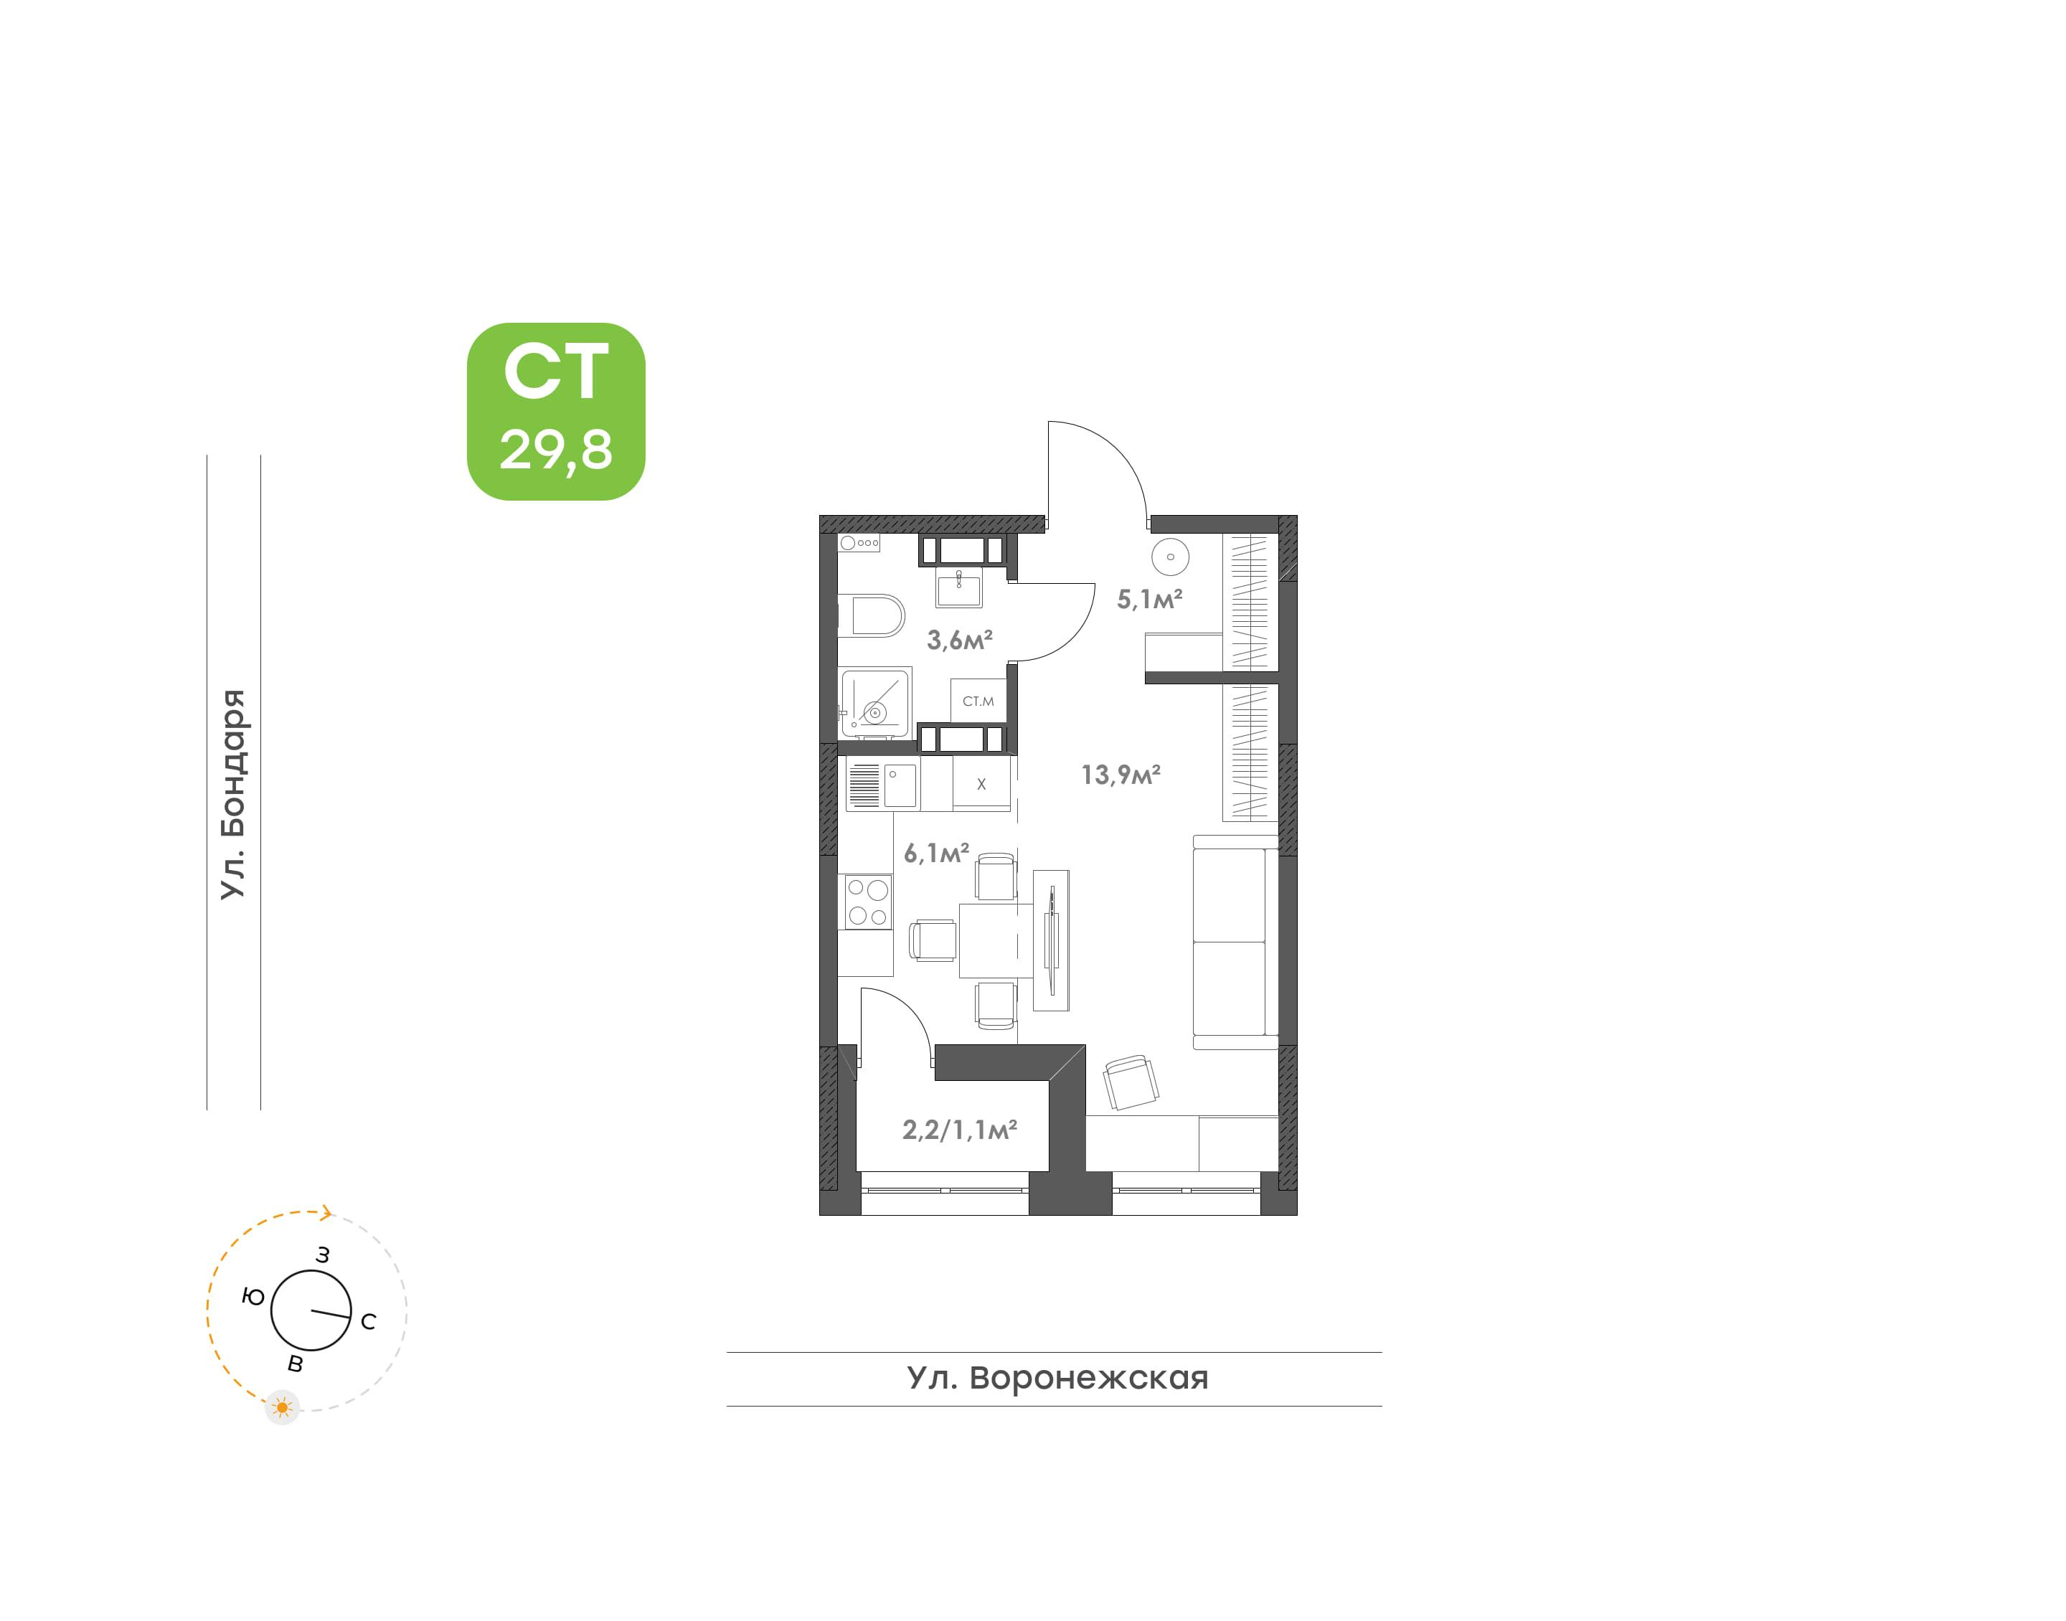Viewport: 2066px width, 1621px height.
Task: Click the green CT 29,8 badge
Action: click(x=555, y=411)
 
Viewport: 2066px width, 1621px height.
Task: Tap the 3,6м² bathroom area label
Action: click(x=959, y=640)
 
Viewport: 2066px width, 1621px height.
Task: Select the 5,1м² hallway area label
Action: click(x=1149, y=599)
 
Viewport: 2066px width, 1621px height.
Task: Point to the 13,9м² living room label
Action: click(x=1121, y=775)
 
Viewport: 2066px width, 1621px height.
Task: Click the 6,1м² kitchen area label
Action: click(x=935, y=854)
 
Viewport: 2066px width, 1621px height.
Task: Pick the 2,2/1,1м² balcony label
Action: click(x=959, y=1130)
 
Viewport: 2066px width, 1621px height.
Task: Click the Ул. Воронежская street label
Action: click(x=1057, y=1377)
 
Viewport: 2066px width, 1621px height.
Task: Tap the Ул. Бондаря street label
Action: click(x=232, y=795)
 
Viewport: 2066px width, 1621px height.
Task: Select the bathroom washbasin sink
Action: click(x=959, y=588)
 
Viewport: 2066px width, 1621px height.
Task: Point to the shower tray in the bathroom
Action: click(x=876, y=703)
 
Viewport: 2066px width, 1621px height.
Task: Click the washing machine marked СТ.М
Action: click(x=978, y=701)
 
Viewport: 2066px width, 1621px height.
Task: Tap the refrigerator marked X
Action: click(x=981, y=784)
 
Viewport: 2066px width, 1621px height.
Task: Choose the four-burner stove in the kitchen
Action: click(x=867, y=902)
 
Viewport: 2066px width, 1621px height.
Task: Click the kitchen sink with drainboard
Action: click(x=882, y=786)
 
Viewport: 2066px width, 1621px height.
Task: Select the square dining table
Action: click(x=996, y=940)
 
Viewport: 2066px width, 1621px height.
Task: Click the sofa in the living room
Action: click(x=1235, y=942)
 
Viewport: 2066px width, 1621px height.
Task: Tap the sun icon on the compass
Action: click(x=282, y=1407)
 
